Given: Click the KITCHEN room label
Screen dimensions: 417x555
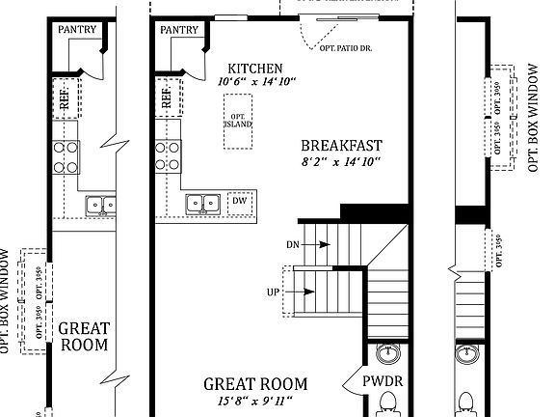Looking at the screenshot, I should click(255, 69).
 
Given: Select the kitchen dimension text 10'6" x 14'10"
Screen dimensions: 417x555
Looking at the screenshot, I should click(255, 83).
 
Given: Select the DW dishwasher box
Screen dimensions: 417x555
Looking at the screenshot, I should click(239, 203).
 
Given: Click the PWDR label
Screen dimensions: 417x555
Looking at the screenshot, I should click(383, 381).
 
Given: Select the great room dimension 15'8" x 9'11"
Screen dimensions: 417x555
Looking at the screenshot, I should click(255, 401).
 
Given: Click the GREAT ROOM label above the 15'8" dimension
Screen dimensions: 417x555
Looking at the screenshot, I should click(255, 384).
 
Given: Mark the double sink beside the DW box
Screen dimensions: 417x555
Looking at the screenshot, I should click(203, 203).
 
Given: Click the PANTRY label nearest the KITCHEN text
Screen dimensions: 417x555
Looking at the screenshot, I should click(179, 30).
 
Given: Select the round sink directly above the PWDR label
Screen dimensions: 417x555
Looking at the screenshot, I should click(388, 351).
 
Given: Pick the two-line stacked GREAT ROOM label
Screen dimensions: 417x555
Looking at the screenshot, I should click(84, 336).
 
